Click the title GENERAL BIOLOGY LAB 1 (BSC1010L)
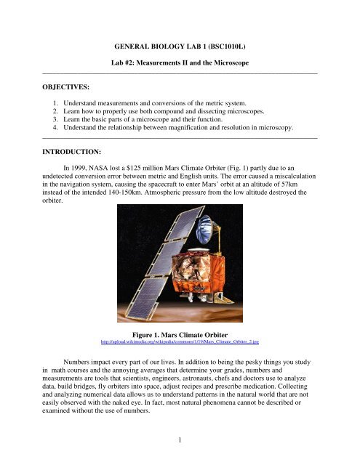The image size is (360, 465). click(x=180, y=43)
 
